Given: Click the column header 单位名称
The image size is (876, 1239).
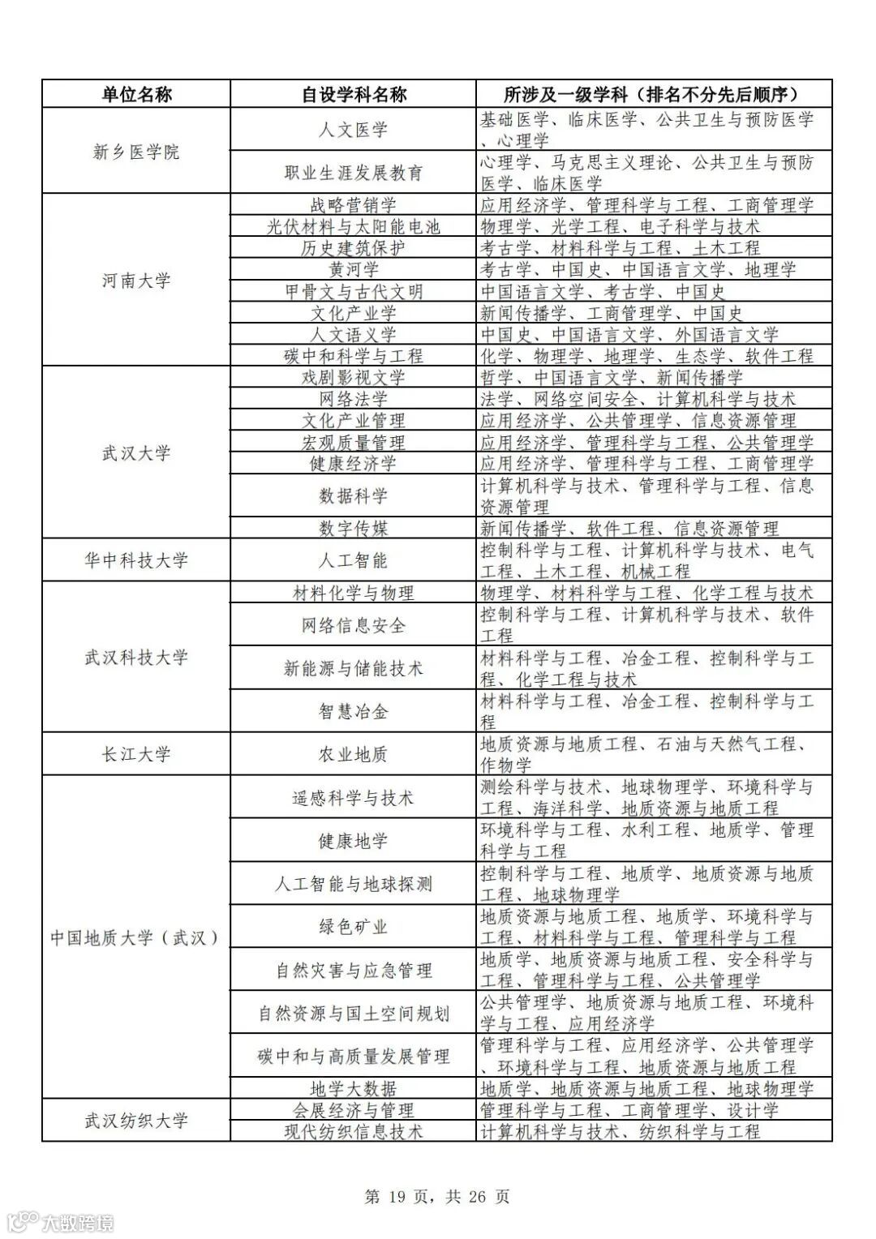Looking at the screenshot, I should pyautogui.click(x=136, y=94).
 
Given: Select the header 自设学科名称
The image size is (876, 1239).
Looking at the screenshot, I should pyautogui.click(x=354, y=94).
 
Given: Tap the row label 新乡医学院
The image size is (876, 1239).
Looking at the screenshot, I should pyautogui.click(x=136, y=151).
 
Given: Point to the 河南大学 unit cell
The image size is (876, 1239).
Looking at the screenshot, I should pyautogui.click(x=136, y=281).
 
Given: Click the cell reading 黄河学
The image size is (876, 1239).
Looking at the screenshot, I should pyautogui.click(x=354, y=269).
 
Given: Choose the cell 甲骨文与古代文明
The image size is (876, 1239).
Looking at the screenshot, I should pyautogui.click(x=354, y=291).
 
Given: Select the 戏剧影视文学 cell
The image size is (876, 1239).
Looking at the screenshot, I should pyautogui.click(x=354, y=377).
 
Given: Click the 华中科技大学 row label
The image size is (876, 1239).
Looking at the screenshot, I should pyautogui.click(x=136, y=559).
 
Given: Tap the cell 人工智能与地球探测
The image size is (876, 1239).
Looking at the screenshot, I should pyautogui.click(x=354, y=883).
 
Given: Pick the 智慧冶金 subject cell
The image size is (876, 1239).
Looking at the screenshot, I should pyautogui.click(x=354, y=711).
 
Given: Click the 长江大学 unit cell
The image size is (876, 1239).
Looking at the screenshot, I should pyautogui.click(x=136, y=754).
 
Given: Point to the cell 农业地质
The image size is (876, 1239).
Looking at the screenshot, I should pyautogui.click(x=354, y=754).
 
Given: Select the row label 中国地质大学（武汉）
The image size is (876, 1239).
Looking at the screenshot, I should pyautogui.click(x=136, y=937).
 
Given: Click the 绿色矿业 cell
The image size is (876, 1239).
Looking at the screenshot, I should pyautogui.click(x=354, y=926).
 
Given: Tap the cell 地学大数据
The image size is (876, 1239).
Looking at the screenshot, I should pyautogui.click(x=354, y=1088).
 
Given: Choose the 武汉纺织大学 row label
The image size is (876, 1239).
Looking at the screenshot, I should pyautogui.click(x=136, y=1121).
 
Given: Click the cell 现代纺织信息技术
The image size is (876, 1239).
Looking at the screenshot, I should pyautogui.click(x=354, y=1131).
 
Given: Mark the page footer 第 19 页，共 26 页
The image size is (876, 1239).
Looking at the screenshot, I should pyautogui.click(x=438, y=1196).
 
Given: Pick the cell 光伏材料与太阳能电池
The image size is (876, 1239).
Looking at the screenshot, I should pyautogui.click(x=354, y=226).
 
